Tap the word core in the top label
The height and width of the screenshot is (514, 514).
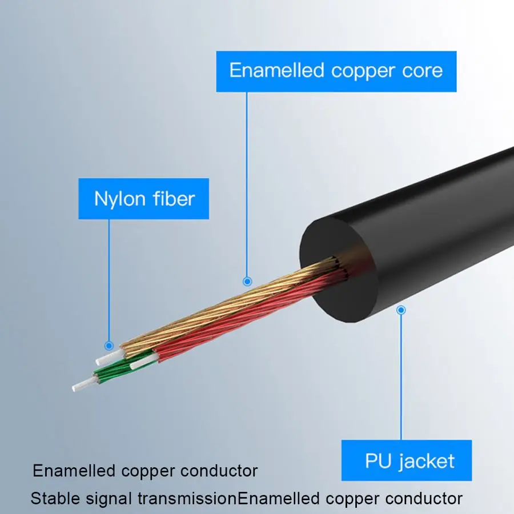tap(421, 71)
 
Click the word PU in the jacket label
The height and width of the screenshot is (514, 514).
tap(378, 460)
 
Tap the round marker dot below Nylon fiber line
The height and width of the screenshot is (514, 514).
tap(109, 345)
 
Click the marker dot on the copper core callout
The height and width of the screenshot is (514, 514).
tap(247, 281)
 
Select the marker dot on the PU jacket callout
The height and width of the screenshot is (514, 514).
tap(401, 310)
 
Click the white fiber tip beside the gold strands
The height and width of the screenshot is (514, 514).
tap(105, 358)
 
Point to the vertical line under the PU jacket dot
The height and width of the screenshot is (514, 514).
tap(401, 377)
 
